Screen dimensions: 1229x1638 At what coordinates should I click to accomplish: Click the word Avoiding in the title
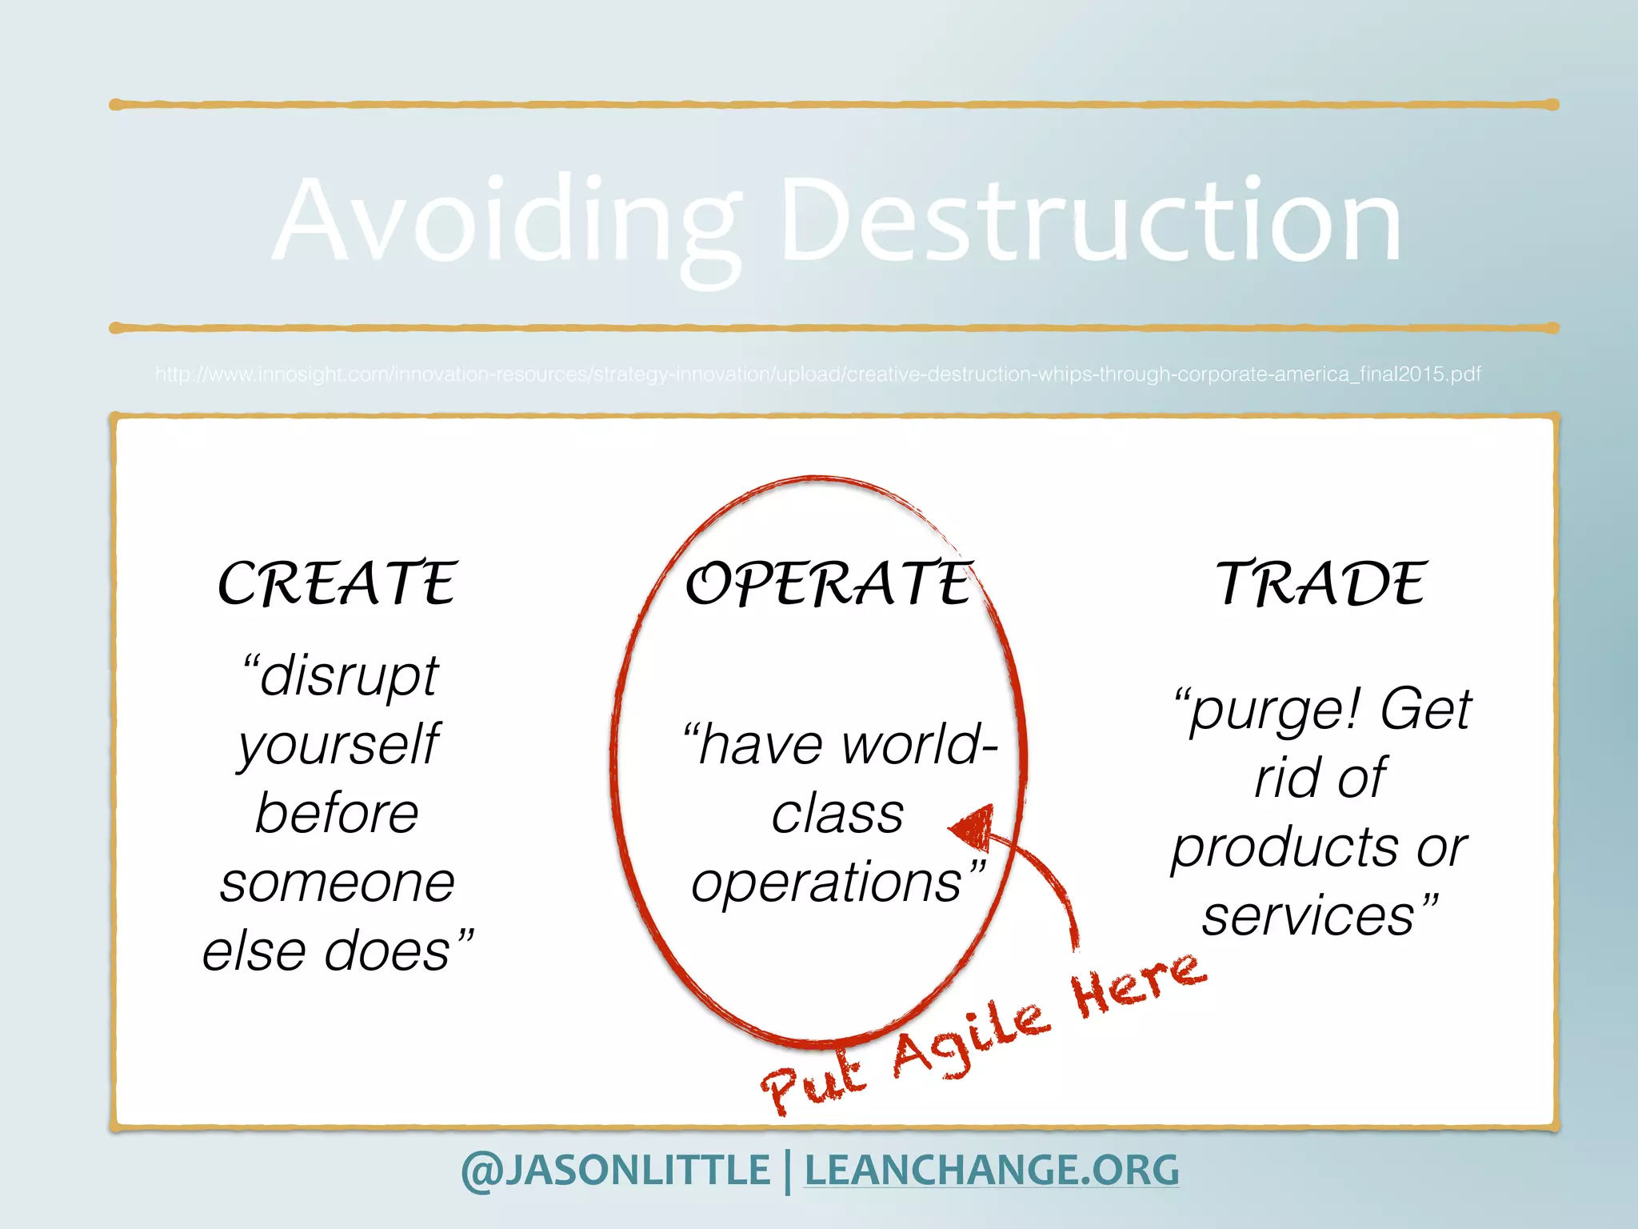coord(507,220)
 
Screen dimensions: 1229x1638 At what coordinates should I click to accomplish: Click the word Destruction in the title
coord(1090,220)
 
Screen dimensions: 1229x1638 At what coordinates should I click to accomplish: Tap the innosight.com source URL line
coord(817,374)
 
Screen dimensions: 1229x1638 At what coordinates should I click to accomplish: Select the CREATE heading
coord(338,583)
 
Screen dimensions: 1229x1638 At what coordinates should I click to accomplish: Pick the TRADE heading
coord(1321,583)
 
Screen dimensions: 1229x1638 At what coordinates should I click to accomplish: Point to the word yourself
coord(338,745)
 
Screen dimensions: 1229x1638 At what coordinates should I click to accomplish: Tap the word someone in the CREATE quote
coord(338,883)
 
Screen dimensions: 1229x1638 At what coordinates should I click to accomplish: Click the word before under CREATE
coord(338,814)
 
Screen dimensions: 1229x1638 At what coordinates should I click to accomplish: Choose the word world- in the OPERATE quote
coord(920,745)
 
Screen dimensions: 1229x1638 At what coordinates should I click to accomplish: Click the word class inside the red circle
coord(837,815)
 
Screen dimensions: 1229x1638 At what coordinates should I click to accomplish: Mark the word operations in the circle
coord(828,883)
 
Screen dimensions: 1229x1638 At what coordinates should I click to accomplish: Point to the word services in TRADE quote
coord(1309,916)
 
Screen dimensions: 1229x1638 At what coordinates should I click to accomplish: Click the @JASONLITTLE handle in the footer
coord(616,1171)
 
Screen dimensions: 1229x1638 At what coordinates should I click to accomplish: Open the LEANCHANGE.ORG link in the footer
coord(991,1171)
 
